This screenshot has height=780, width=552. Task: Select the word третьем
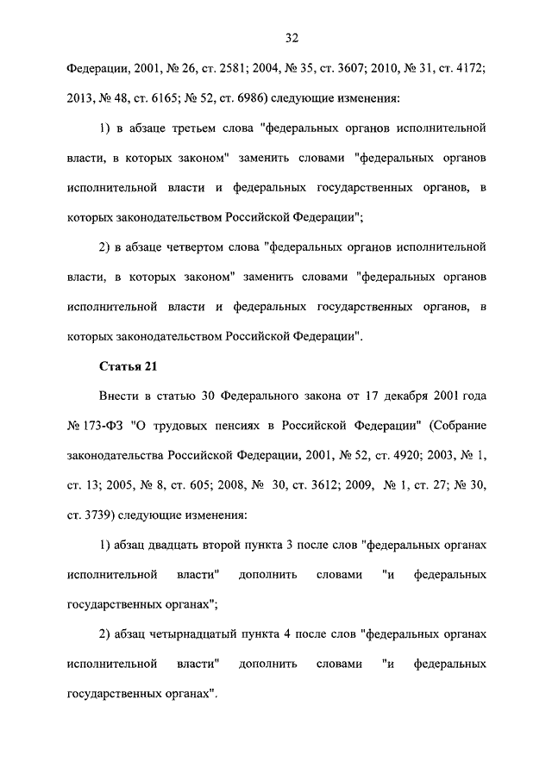point(198,128)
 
